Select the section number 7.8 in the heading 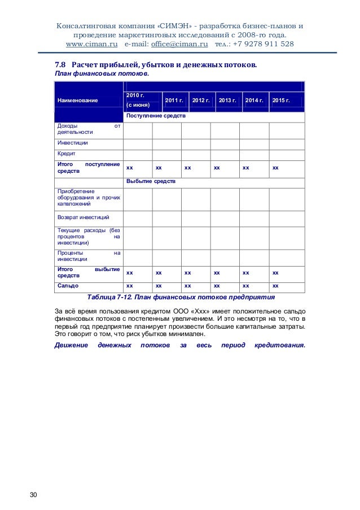click(x=60, y=64)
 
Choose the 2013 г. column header click(x=227, y=100)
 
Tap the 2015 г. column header click(x=280, y=100)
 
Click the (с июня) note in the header click(x=138, y=105)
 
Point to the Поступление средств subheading click(x=155, y=116)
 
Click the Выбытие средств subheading click(x=151, y=182)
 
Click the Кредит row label click(x=66, y=153)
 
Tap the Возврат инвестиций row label click(x=83, y=217)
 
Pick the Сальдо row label click(x=67, y=286)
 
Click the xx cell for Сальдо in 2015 click(x=275, y=286)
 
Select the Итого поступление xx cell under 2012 click(x=187, y=168)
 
